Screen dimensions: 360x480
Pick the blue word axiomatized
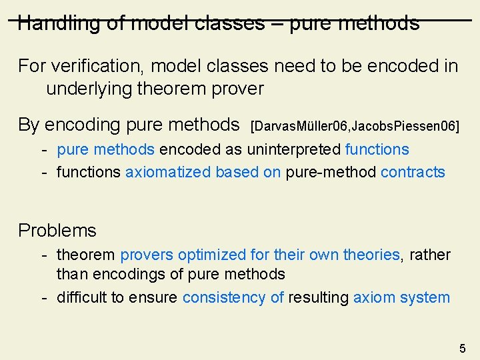(x=168, y=172)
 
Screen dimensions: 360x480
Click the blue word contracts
(x=413, y=172)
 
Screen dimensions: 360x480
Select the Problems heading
(x=57, y=231)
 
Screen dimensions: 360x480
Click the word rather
(x=429, y=255)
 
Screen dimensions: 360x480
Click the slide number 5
(x=463, y=348)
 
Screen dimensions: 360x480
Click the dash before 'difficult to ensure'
(x=43, y=297)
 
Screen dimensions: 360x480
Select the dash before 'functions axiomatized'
(x=43, y=172)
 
